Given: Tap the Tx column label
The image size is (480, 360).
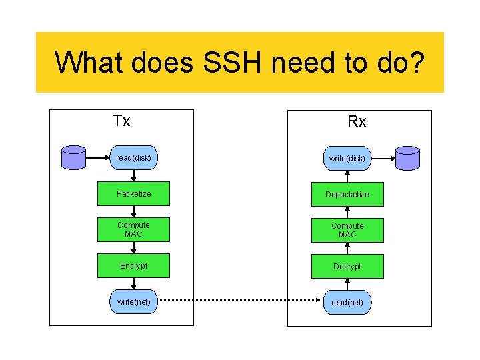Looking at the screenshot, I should click(121, 121).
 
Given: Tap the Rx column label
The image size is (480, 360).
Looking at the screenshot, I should click(357, 121).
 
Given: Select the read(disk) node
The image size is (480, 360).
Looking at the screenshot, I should click(133, 158).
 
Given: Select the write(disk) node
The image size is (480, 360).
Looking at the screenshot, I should click(347, 159).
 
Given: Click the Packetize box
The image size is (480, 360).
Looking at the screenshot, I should click(133, 194).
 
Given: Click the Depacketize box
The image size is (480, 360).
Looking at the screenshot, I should click(347, 195).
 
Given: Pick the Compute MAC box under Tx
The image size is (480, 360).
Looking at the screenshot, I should click(133, 229).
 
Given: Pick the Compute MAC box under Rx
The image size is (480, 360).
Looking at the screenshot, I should click(347, 230).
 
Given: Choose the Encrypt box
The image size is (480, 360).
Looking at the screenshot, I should click(133, 266).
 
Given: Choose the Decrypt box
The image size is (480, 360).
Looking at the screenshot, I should click(347, 267).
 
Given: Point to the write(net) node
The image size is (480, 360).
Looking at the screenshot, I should click(133, 302).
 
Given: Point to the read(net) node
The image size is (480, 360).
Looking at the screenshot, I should click(347, 303).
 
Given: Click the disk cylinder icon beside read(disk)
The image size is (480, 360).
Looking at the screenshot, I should click(73, 158).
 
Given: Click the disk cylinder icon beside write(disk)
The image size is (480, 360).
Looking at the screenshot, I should click(407, 159).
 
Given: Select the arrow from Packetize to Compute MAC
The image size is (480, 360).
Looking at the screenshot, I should click(133, 211).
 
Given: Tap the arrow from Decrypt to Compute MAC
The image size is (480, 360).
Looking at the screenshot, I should click(347, 248).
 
